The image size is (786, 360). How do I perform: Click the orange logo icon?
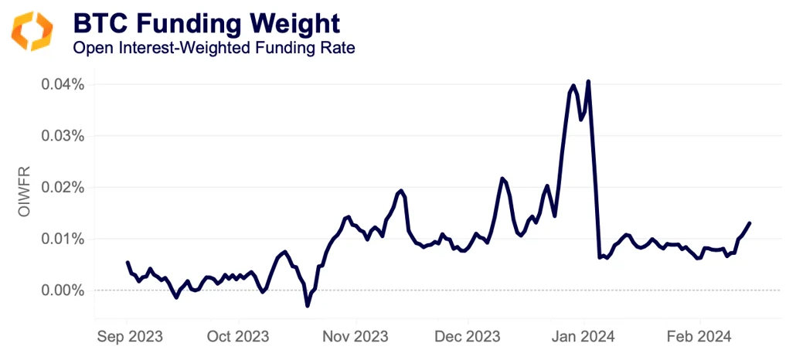[31, 31]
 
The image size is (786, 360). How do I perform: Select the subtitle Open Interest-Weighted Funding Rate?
[213, 48]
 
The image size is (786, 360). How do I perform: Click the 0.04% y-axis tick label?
[62, 83]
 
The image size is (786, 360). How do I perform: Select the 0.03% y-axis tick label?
[62, 135]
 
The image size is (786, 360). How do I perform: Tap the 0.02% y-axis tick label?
[62, 187]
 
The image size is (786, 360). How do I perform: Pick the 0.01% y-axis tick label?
[62, 239]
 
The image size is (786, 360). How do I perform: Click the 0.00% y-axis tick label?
[62, 290]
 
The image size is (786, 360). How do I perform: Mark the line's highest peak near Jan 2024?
[588, 81]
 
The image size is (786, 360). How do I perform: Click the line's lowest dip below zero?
[307, 306]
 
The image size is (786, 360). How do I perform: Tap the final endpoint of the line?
[750, 223]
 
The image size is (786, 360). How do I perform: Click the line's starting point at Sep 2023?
[127, 263]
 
